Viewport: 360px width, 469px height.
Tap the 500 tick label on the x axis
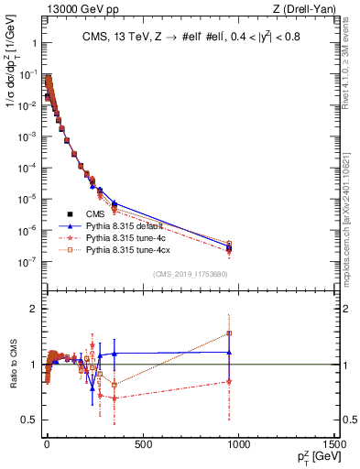(142, 445)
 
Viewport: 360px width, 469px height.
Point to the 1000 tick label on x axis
(237, 445)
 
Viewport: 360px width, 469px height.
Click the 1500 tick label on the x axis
(332, 445)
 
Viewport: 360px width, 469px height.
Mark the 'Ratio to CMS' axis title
(11, 364)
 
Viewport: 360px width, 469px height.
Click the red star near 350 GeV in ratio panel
(115, 398)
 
